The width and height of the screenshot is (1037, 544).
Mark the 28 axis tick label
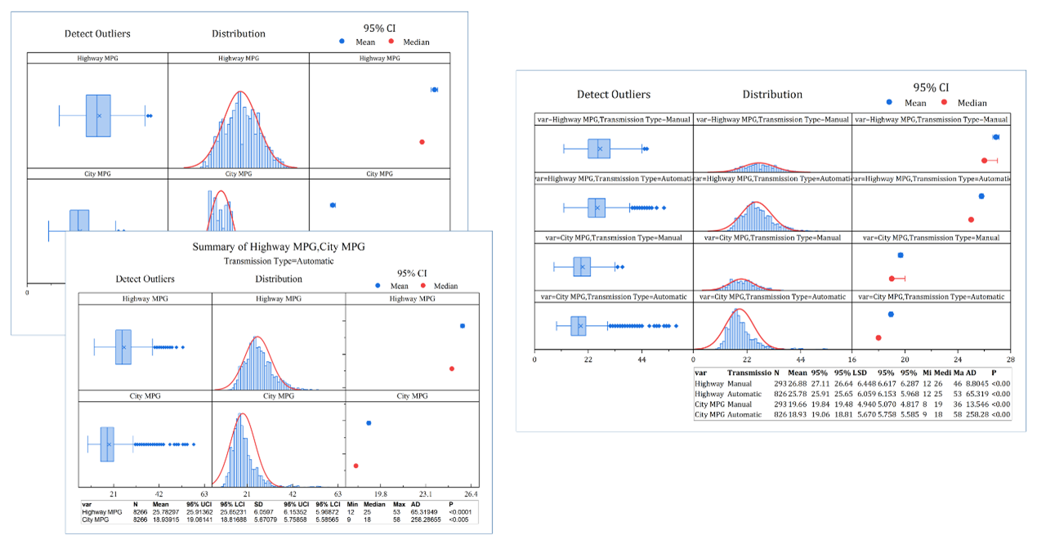(1011, 359)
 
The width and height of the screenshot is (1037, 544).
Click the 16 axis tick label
(852, 359)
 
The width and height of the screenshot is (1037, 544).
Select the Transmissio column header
(749, 372)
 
